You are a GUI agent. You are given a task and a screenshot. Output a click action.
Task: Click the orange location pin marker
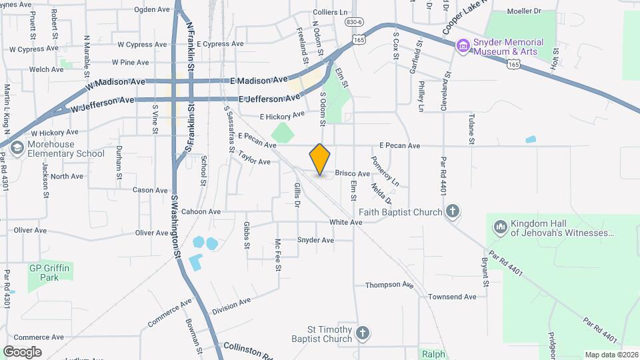click(x=320, y=159)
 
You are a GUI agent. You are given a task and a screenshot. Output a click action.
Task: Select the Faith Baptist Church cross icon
click(x=453, y=212)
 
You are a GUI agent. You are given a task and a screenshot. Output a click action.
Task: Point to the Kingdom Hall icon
click(x=501, y=228)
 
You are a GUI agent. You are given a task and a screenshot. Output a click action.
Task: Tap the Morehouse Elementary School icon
click(x=18, y=148)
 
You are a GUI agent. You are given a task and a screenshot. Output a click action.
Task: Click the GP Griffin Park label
click(x=49, y=272)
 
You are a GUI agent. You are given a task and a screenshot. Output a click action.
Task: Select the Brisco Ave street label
click(x=352, y=173)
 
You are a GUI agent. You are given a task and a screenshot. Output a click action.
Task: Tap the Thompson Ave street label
click(x=389, y=285)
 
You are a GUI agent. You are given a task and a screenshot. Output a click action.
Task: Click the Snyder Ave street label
click(x=315, y=240)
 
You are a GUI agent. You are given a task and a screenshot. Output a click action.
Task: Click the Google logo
click(x=22, y=351)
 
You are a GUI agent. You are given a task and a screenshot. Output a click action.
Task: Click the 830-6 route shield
click(x=354, y=22)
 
